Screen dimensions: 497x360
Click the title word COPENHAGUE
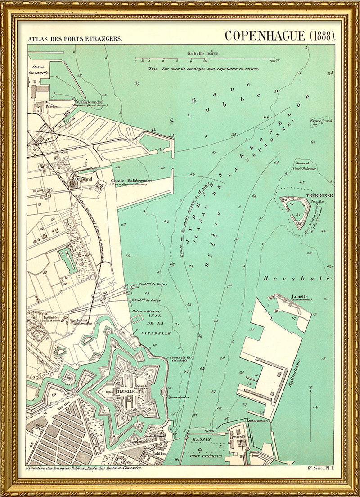coord(265,36)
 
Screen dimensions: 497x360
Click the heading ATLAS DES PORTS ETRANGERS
coord(74,39)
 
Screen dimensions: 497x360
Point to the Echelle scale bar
coord(205,59)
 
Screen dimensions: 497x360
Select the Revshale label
coord(297,279)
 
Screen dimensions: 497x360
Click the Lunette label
coord(299,296)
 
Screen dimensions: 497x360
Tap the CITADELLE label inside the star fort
coord(122,392)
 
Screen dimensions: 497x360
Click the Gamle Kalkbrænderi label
coord(131,181)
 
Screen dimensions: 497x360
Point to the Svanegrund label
coord(321,121)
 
